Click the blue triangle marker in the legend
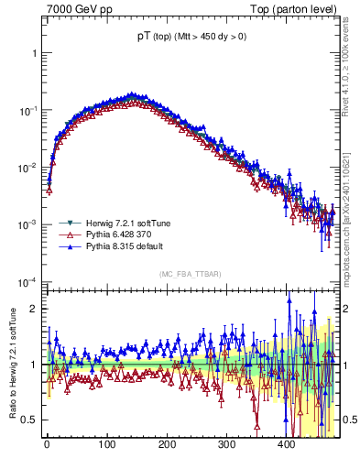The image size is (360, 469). click(x=66, y=246)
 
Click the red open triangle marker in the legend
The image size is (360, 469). click(x=66, y=234)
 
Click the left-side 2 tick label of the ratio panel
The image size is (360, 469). click(x=35, y=309)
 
